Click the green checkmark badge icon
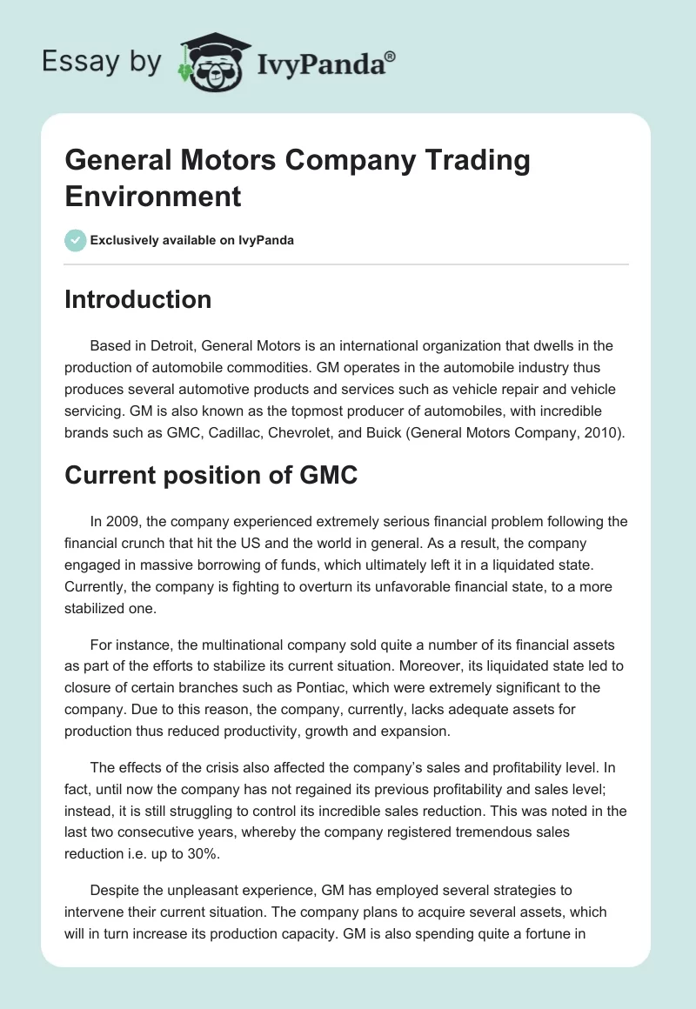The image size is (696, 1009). tap(76, 240)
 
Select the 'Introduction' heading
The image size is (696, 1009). tap(138, 299)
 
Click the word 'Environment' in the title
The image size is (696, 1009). tap(153, 196)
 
